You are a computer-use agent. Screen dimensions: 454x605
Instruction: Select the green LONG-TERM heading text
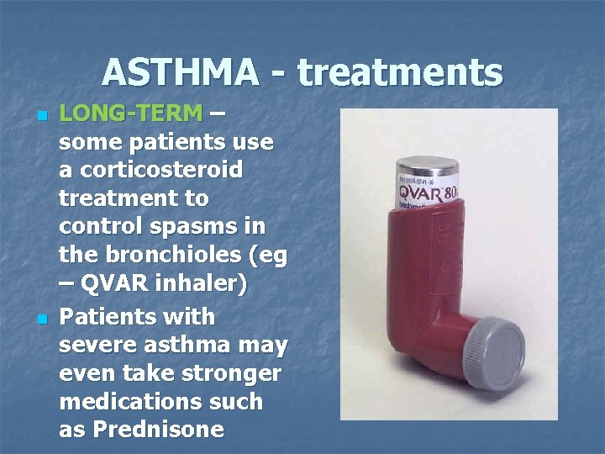tap(131, 113)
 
